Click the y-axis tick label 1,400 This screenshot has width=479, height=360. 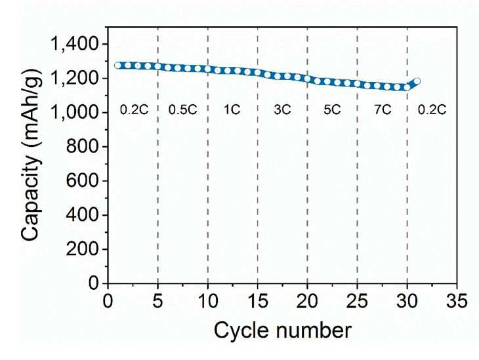(75, 44)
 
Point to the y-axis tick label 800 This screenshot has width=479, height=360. (83, 147)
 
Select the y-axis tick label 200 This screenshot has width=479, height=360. (83, 249)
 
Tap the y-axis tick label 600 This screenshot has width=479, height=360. (83, 181)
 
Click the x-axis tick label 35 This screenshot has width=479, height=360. (457, 301)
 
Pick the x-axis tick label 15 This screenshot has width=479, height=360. (258, 301)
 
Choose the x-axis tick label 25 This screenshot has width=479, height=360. (357, 301)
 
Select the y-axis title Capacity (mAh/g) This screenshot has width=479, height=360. (31, 155)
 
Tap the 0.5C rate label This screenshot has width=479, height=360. (182, 110)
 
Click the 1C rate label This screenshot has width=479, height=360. (232, 110)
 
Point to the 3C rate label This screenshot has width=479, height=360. (282, 110)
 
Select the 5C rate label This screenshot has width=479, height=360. (332, 110)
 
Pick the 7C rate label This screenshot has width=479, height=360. (383, 110)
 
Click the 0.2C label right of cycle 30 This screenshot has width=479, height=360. (432, 110)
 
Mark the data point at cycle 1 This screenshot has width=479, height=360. (117, 66)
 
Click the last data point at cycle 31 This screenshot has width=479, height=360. (417, 81)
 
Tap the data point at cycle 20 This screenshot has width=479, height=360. (307, 79)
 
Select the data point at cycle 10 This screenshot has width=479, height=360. (208, 69)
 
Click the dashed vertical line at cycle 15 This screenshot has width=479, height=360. (257, 155)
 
